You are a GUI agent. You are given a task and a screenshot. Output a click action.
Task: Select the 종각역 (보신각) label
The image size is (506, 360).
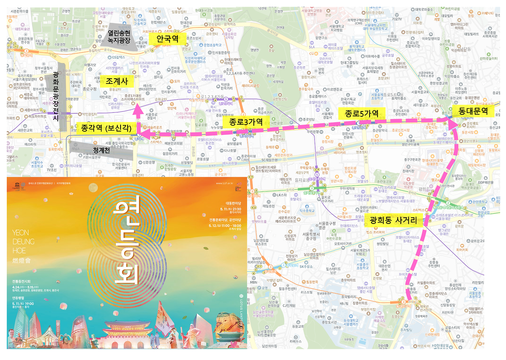pyautogui.click(x=106, y=129)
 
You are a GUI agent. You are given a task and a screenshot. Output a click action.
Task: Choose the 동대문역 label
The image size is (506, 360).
pyautogui.click(x=473, y=111)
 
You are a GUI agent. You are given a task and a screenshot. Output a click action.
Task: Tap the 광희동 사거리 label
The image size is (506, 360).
pyautogui.click(x=394, y=220)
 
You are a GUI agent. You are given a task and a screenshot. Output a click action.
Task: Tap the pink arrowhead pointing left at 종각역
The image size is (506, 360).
pyautogui.click(x=142, y=135)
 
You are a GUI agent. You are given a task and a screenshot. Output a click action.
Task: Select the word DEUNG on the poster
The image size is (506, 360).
pyautogui.click(x=24, y=241)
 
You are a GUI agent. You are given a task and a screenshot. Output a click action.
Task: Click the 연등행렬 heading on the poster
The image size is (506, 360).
pyautogui.click(x=19, y=298)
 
